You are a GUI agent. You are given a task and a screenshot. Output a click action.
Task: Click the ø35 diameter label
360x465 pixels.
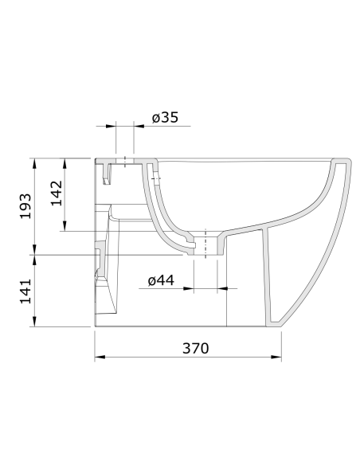[x=165, y=118]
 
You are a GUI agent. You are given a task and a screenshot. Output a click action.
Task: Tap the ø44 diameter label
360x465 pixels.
[x=161, y=279]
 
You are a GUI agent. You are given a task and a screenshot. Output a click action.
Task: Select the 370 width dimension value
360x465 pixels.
[x=194, y=348]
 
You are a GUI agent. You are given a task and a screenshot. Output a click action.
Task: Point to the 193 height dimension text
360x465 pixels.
[x=25, y=205]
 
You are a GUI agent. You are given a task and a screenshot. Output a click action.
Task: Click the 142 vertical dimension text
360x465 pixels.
[x=57, y=193]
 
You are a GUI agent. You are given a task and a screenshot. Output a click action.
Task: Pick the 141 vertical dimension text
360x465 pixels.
[x=25, y=291]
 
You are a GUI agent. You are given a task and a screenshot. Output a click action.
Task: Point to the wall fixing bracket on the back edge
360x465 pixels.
[x=98, y=259]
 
